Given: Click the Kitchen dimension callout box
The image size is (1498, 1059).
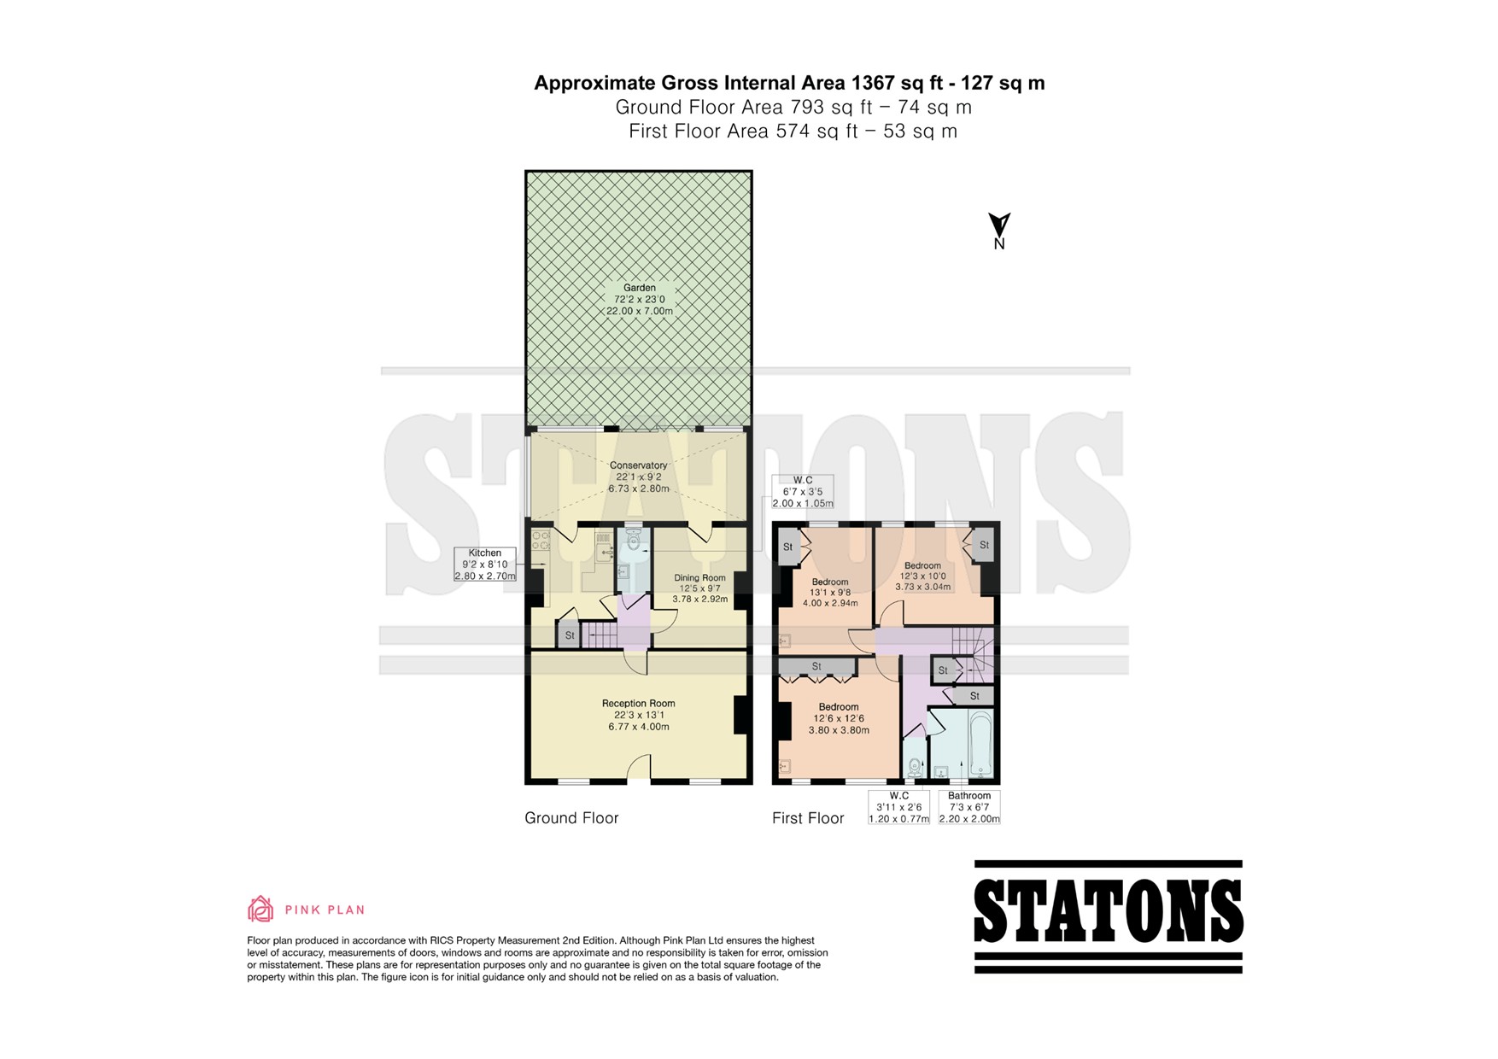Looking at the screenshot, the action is coord(485,565).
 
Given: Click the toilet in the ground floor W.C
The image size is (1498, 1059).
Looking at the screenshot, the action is coord(634,539).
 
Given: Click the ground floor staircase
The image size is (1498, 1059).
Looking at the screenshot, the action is coord(600,635).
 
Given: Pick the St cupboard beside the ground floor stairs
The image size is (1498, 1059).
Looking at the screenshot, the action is coord(570,635).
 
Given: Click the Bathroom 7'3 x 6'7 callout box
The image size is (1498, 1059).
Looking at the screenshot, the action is coord(969,807).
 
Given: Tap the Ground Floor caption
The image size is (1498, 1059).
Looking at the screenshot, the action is coord(571,818).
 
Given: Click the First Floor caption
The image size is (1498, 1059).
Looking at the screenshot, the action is coord(808,818).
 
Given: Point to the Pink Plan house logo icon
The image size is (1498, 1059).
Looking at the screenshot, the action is coord(260,909).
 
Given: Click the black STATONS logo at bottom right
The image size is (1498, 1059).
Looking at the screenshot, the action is coord(1109,916).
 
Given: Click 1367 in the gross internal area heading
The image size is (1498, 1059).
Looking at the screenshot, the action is coord(872,83).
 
